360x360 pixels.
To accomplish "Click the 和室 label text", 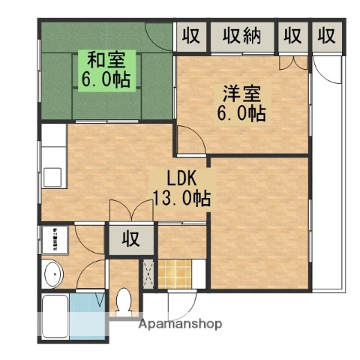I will click(x=106, y=58).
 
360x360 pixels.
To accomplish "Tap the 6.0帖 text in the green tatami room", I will click(x=106, y=78).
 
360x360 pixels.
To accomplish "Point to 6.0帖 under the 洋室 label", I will click(x=241, y=115).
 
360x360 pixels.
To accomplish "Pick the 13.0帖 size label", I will click(x=181, y=199).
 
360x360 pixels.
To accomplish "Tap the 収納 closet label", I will click(x=241, y=35).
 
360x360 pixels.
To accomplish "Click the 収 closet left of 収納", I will click(x=192, y=35).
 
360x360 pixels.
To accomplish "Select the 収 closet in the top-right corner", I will click(x=325, y=35).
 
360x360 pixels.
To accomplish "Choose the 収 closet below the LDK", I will click(x=130, y=240).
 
